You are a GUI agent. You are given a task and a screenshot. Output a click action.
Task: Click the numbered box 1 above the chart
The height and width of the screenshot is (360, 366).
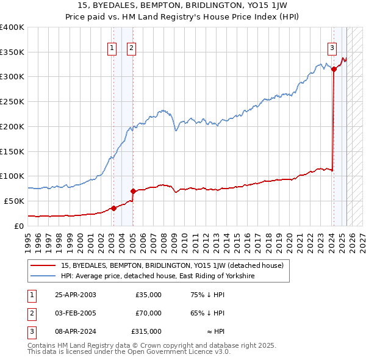(x=113, y=49)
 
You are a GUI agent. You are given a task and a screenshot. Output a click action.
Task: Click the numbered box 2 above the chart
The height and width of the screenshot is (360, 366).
(x=131, y=49)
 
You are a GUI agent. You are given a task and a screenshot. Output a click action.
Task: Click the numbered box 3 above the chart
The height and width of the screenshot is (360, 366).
(x=332, y=49)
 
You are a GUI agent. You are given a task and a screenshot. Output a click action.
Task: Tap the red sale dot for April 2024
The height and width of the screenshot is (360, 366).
(x=334, y=70)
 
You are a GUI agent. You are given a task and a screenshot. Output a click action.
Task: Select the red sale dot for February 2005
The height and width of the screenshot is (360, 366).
(x=133, y=192)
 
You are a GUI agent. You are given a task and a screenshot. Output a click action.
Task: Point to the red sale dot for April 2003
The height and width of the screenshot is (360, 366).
(x=113, y=208)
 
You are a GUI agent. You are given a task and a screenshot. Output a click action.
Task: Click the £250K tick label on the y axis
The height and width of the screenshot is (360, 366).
(x=12, y=102)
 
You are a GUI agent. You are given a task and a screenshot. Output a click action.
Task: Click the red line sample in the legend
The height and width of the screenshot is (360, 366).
(x=44, y=265)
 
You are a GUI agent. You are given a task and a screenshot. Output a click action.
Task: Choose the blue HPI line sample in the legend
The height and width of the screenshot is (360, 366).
(x=44, y=276)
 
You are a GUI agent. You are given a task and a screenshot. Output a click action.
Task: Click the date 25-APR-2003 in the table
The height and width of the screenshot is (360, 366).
(x=75, y=295)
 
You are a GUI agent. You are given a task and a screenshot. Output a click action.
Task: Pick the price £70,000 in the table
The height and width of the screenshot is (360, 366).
(x=148, y=313)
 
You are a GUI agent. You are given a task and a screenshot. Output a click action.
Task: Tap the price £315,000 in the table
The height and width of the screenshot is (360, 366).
(x=146, y=331)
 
